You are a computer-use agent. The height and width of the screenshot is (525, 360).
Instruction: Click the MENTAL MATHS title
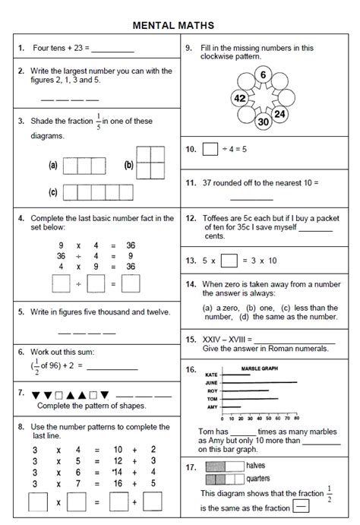pyautogui.click(x=179, y=26)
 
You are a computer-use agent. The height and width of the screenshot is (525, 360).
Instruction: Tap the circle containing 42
pyautogui.click(x=240, y=99)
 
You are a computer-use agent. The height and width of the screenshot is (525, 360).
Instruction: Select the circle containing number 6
pyautogui.click(x=262, y=74)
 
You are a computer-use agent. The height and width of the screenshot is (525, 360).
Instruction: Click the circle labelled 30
pyautogui.click(x=263, y=122)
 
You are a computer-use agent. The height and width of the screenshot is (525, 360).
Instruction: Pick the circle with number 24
pyautogui.click(x=280, y=114)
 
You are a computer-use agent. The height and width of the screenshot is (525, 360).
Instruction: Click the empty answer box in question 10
pyautogui.click(x=210, y=150)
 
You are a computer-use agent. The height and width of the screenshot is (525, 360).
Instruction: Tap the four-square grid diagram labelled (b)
pyautogui.click(x=150, y=163)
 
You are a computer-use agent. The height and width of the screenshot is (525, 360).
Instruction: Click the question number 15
pyautogui.click(x=191, y=340)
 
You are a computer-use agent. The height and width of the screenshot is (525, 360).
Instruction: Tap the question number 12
pyautogui.click(x=191, y=217)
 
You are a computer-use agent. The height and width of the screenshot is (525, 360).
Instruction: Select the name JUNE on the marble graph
pyautogui.click(x=212, y=384)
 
